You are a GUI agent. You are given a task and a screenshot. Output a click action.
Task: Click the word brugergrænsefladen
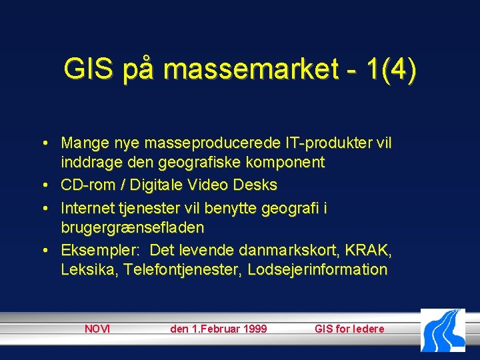tap(132, 227)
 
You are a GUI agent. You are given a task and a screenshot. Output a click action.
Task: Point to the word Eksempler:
tap(100, 251)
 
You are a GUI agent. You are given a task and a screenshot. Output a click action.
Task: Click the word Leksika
tap(85, 270)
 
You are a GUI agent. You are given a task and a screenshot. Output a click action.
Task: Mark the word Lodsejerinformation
tap(317, 270)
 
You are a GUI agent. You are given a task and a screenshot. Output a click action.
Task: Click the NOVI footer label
tap(97, 329)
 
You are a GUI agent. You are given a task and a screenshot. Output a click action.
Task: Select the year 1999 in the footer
tap(253, 329)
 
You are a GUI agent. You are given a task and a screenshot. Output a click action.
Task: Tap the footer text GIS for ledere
tap(349, 329)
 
